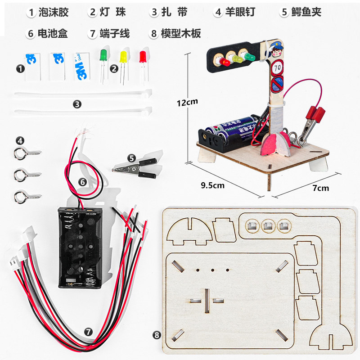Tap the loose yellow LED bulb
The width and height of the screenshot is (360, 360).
[123, 58]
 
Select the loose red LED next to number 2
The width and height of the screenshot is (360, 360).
[143, 57]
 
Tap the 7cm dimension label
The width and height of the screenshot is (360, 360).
[320, 188]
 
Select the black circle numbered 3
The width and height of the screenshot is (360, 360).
[77, 104]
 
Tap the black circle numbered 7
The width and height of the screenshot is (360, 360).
[89, 332]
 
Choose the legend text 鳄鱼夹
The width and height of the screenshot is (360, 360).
[306, 12]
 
